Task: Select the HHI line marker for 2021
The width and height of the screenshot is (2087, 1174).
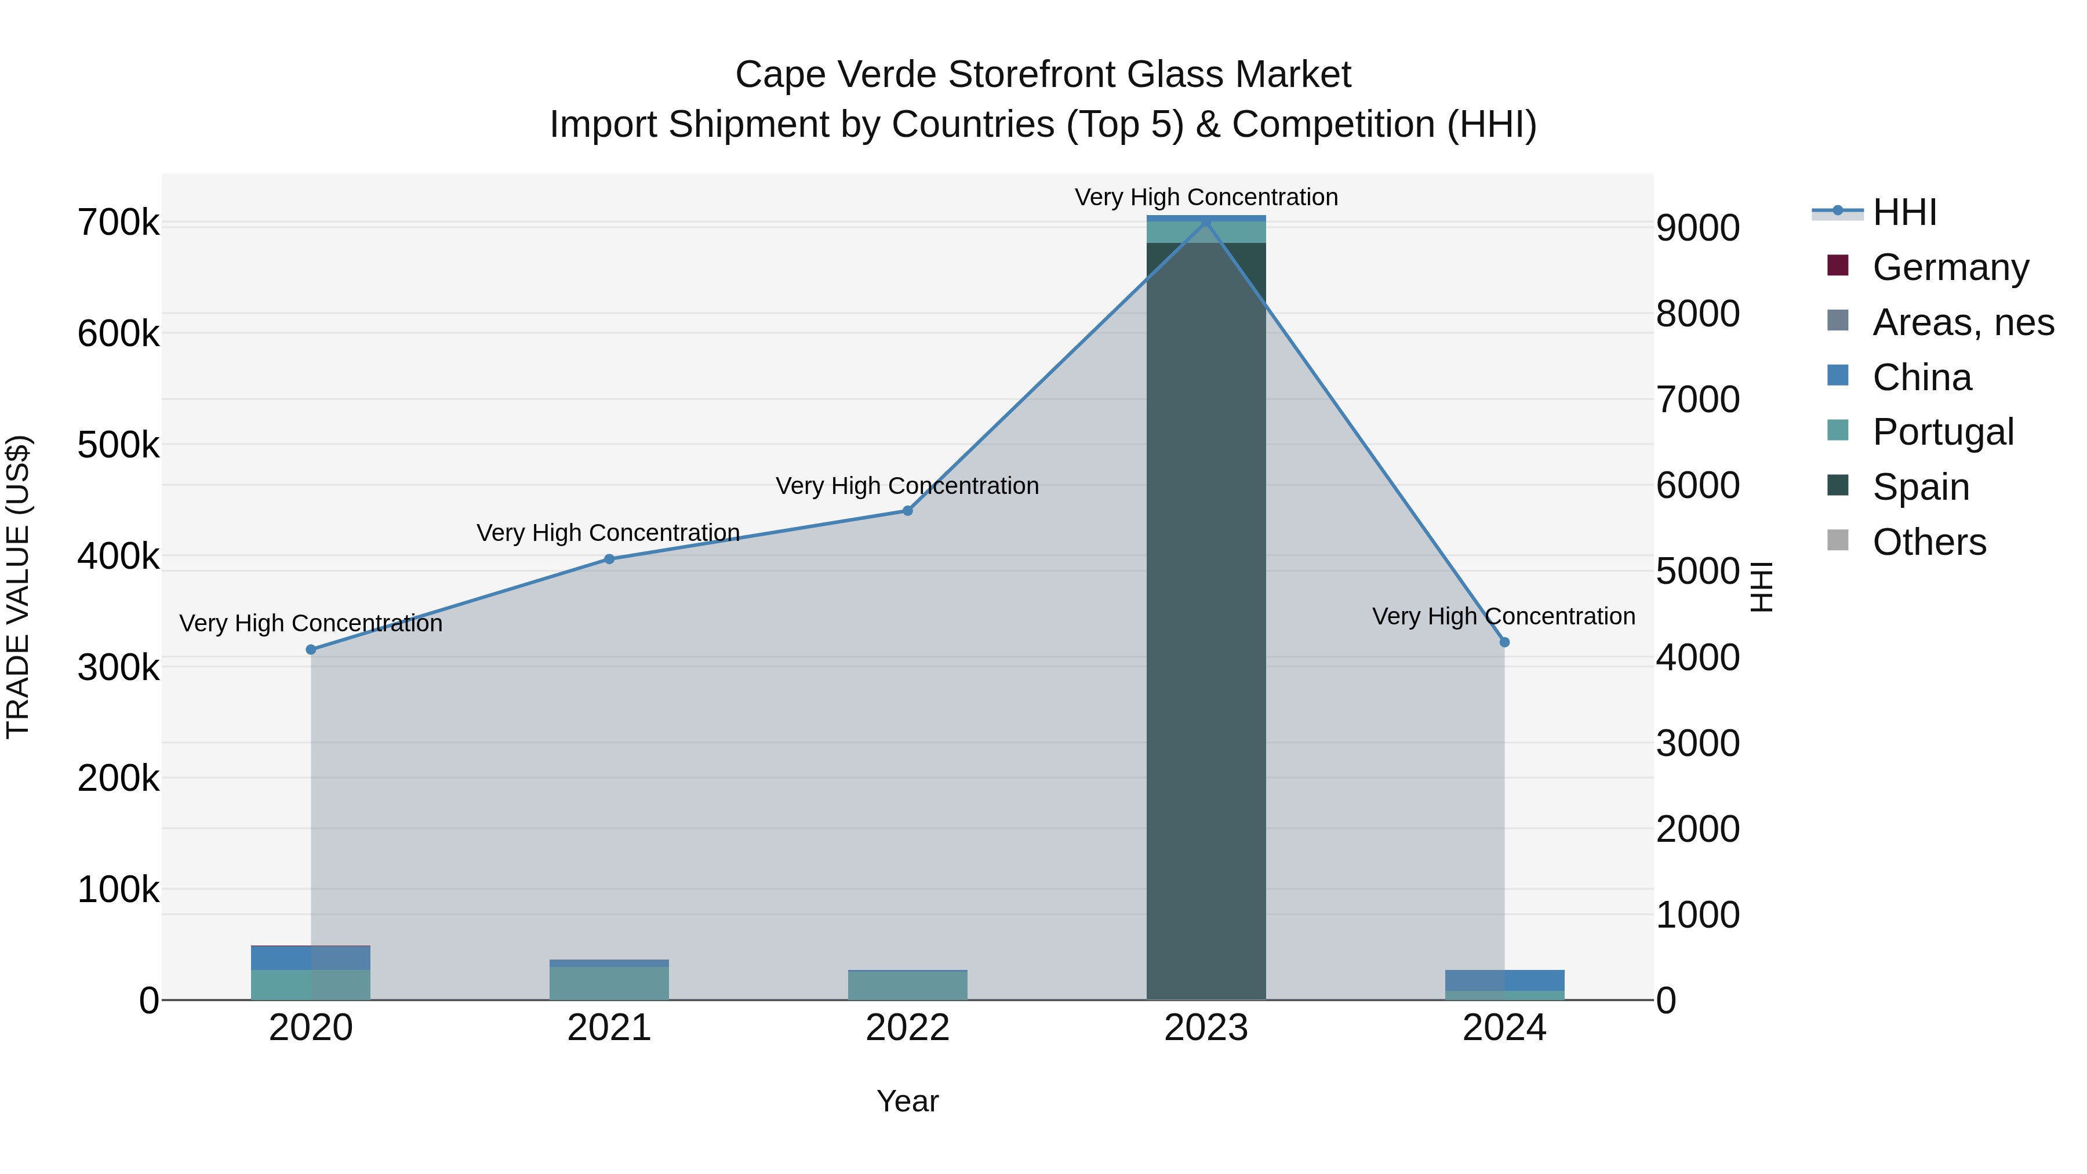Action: click(609, 559)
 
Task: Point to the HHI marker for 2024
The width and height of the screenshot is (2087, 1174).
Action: click(1504, 642)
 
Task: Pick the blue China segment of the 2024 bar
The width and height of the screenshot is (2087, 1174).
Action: click(1504, 980)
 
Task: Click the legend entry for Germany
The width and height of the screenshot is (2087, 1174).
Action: click(1949, 267)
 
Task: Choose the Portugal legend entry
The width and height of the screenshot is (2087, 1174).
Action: click(1942, 432)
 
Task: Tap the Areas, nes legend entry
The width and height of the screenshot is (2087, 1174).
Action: click(1962, 322)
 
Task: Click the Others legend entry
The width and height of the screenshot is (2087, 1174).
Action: click(1928, 542)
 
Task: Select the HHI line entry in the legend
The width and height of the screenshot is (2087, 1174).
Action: click(1904, 212)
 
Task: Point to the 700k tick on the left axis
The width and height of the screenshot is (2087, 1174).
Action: click(118, 223)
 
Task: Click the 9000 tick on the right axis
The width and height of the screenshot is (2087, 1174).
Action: click(1697, 228)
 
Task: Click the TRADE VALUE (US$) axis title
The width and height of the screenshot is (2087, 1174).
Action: click(18, 587)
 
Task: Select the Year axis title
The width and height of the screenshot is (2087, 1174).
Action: click(907, 1101)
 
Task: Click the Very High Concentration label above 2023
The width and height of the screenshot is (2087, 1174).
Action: click(1206, 197)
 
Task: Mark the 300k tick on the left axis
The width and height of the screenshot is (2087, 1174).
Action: click(118, 668)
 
